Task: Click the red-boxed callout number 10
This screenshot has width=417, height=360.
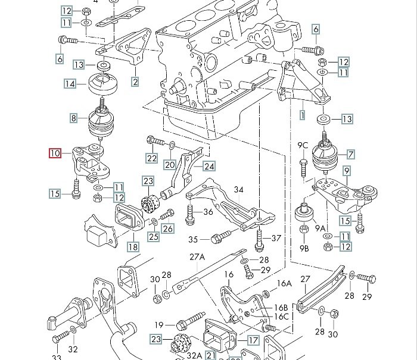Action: tap(55, 154)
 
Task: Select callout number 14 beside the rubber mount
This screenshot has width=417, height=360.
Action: tap(70, 84)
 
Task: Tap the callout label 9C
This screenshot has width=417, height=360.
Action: tap(303, 145)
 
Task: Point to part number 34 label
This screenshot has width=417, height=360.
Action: tap(238, 190)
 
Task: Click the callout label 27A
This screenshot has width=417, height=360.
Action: tap(197, 257)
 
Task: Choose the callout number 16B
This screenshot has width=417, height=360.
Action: tap(280, 307)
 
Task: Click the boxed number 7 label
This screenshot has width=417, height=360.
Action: tap(351, 155)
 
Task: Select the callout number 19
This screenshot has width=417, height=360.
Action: tap(159, 325)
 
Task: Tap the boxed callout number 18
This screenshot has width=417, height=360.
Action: tap(132, 246)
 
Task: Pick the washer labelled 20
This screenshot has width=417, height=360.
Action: tap(172, 145)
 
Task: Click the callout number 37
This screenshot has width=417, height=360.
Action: tap(276, 239)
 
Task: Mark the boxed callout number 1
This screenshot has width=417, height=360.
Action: tap(302, 112)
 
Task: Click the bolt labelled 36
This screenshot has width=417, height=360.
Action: tap(190, 215)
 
